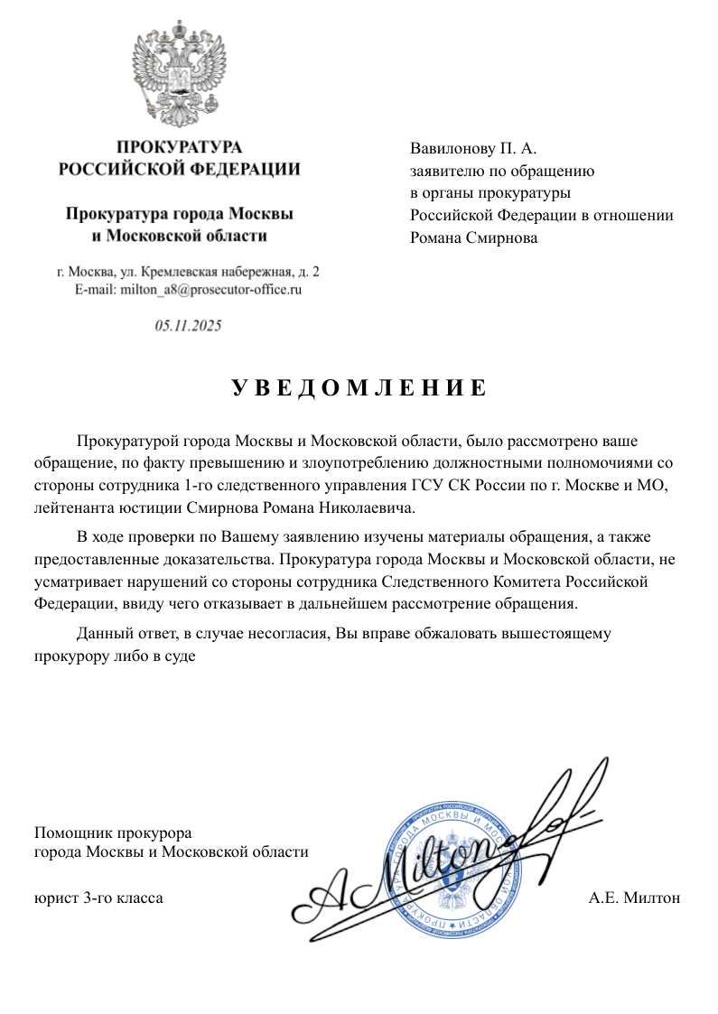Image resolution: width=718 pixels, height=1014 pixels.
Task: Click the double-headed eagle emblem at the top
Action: (x=180, y=76)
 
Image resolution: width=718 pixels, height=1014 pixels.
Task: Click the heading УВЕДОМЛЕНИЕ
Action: (x=359, y=388)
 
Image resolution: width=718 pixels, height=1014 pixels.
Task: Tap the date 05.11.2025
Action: (x=188, y=326)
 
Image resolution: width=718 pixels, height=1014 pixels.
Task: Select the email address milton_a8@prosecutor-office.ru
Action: (x=188, y=290)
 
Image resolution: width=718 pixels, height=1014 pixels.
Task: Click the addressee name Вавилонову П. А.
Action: (x=473, y=148)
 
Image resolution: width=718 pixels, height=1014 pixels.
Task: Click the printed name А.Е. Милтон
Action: (x=633, y=898)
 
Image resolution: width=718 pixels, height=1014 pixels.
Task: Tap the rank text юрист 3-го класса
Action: (x=98, y=898)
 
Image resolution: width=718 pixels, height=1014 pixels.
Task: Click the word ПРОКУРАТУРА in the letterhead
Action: (x=180, y=147)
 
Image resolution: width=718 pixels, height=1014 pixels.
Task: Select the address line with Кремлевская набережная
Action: (x=188, y=272)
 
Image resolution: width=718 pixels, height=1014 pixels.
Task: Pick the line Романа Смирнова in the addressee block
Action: (x=473, y=238)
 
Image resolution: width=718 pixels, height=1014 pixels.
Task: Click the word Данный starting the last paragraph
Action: (x=103, y=633)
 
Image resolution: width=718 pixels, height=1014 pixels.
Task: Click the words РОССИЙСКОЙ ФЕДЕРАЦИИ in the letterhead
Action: (x=180, y=169)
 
